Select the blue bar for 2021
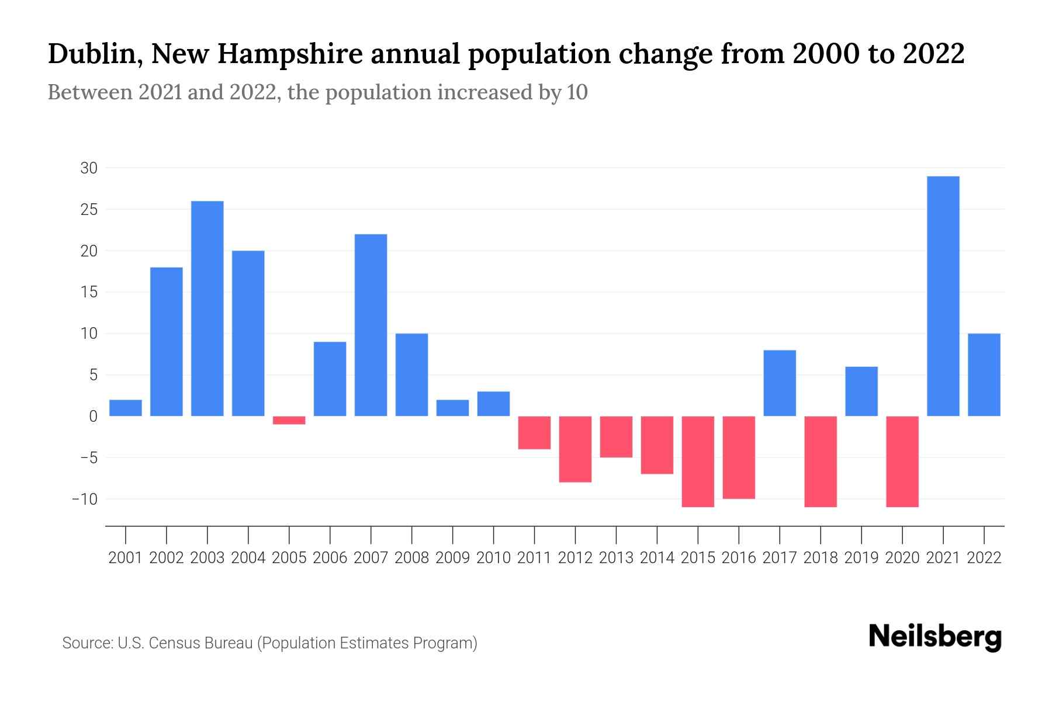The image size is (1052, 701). (x=943, y=296)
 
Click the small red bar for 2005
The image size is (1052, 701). (x=289, y=420)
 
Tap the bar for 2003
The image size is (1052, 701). (x=207, y=308)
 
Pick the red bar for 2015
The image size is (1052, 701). (x=698, y=461)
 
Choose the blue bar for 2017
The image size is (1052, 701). (x=780, y=383)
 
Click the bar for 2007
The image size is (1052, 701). (x=371, y=325)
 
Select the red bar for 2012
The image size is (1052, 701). (x=575, y=449)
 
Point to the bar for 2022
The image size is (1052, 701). (x=984, y=374)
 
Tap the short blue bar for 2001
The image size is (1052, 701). (x=126, y=408)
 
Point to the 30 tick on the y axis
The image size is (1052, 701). (x=89, y=168)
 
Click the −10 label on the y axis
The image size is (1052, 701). (x=85, y=499)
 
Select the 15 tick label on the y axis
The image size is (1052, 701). (x=89, y=292)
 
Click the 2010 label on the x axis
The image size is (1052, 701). (x=493, y=558)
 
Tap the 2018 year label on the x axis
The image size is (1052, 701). (x=821, y=558)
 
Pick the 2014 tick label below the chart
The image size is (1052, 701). (x=657, y=558)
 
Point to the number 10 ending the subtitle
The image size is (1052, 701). (x=577, y=92)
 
